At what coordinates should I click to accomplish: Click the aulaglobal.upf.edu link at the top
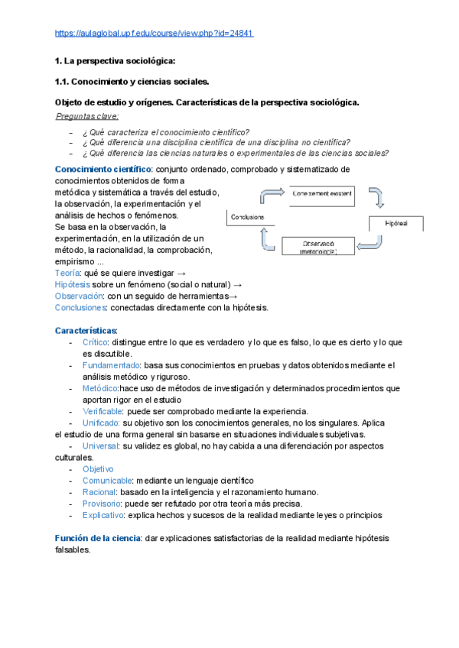tap(155, 34)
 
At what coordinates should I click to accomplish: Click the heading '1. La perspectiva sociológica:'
tap(115, 60)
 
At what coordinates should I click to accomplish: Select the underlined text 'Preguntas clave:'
tap(88, 116)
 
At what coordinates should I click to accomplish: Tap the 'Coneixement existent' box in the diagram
tap(323, 194)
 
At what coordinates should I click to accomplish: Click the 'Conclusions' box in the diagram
tap(247, 217)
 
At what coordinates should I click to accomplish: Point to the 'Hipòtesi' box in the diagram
tap(397, 223)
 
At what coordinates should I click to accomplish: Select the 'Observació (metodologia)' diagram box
tap(317, 246)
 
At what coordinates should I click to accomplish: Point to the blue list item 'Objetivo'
tap(98, 468)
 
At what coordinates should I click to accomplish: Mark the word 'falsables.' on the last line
tap(73, 549)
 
